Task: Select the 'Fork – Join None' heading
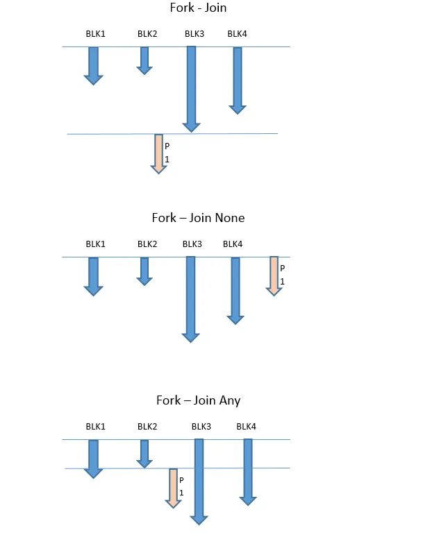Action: (x=198, y=218)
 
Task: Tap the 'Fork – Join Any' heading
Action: (x=199, y=400)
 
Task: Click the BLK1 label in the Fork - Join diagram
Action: (x=95, y=33)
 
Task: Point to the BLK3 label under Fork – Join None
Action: (x=192, y=244)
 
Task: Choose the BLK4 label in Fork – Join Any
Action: (x=247, y=426)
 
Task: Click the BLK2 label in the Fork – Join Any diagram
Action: (x=147, y=426)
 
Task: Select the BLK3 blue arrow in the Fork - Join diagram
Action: (x=192, y=87)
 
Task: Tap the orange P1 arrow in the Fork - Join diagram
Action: (x=159, y=153)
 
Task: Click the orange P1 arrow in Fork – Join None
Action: (x=274, y=275)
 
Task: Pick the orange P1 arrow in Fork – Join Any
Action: (x=174, y=487)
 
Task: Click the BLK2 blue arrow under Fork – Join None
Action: (x=145, y=270)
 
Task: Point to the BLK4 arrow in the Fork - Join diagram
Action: (x=238, y=78)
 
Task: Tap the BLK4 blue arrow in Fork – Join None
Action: (x=236, y=289)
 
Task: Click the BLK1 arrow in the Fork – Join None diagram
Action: (x=93, y=275)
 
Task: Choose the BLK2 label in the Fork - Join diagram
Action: (x=147, y=33)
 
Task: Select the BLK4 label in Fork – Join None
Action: (x=233, y=244)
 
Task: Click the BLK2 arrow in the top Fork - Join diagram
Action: (x=145, y=59)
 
